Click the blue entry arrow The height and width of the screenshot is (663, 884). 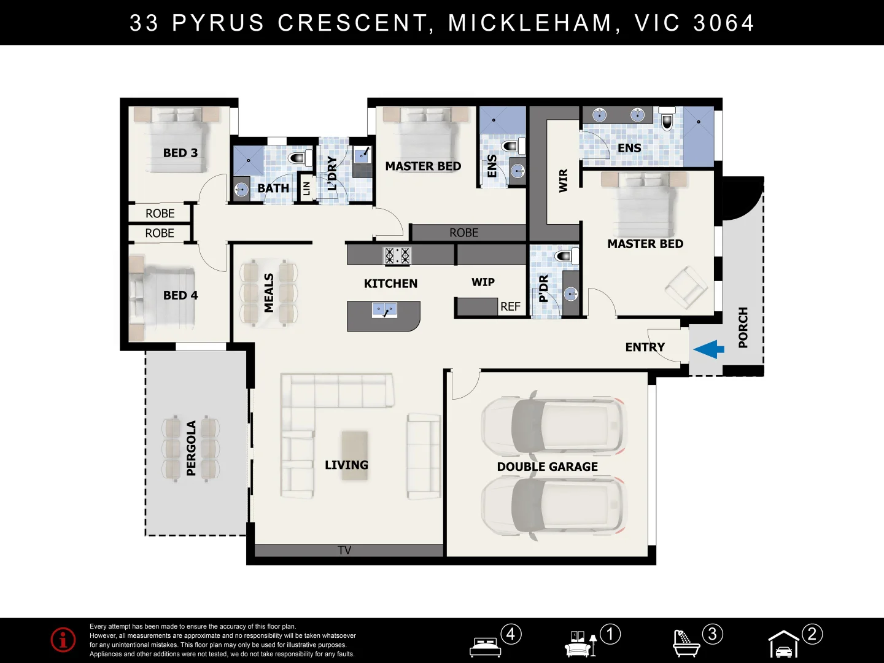pos(709,349)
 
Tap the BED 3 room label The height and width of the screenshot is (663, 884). pos(180,153)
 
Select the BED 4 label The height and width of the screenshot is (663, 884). pos(180,295)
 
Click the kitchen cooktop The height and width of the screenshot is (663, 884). pos(397,255)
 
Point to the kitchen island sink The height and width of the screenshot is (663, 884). pos(385,310)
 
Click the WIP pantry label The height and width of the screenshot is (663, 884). pos(483,282)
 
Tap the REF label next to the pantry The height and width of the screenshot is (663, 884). pos(510,307)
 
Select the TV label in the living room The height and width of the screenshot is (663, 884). pos(344,550)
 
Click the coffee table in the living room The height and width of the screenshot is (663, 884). pos(355,456)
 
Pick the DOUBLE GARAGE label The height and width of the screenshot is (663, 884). pos(548,467)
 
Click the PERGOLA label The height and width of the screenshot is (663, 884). pos(192,448)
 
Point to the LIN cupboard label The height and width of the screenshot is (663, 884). pos(306,188)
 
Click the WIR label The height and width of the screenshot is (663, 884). pos(563,180)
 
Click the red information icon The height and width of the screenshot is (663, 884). pos(63,639)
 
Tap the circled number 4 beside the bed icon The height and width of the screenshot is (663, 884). pos(511,634)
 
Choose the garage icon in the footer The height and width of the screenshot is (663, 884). pos(784,643)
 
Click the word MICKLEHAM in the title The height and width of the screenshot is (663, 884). pos(530,23)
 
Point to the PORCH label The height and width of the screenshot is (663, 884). pos(743,327)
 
